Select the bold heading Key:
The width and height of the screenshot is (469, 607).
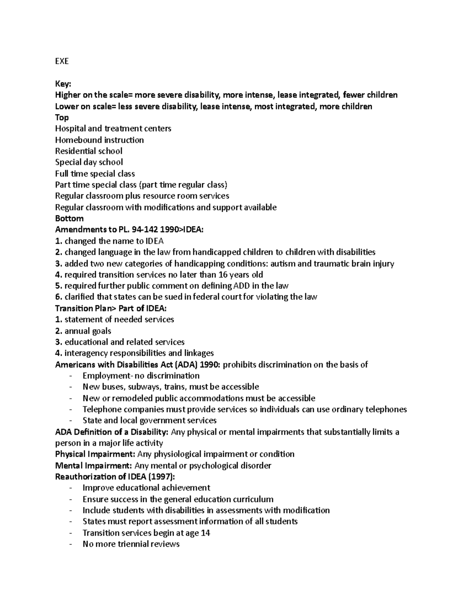[x=63, y=84]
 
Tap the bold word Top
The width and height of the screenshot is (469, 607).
[x=62, y=117]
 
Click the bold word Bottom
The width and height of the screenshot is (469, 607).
[x=69, y=218]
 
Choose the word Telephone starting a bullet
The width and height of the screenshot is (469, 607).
[x=100, y=409]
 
